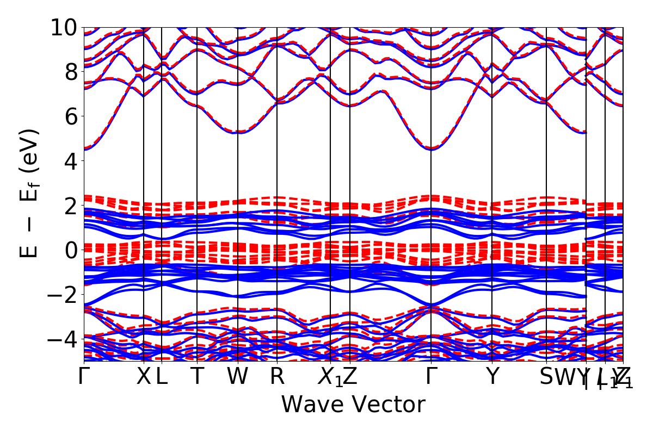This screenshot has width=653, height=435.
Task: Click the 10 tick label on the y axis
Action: pyautogui.click(x=64, y=27)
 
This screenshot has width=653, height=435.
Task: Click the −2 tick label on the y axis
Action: pyautogui.click(x=63, y=295)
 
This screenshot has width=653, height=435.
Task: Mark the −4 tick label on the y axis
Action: pyautogui.click(x=63, y=339)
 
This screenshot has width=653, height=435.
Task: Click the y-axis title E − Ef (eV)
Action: pyautogui.click(x=29, y=193)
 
